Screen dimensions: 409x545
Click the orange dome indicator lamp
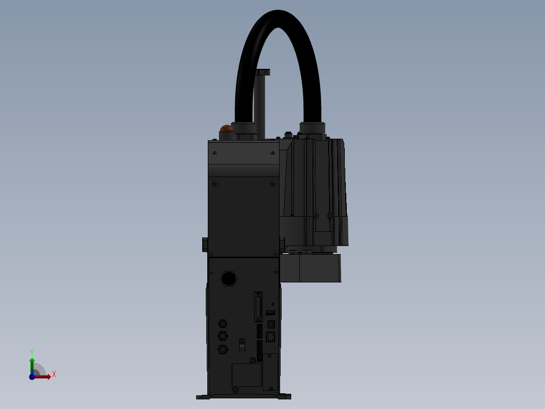pos(227,129)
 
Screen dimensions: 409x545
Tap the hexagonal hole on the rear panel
pos(229,278)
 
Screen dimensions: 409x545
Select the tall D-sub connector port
pos(259,307)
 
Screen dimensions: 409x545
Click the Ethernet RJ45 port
pos(271,336)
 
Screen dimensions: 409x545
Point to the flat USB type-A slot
pos(270,313)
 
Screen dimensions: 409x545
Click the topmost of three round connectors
pos(222,323)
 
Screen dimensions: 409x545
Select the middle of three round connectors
pos(222,336)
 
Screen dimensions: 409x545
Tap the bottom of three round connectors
pos(222,349)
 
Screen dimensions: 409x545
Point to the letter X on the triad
pos(54,375)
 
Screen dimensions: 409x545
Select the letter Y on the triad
pos(32,351)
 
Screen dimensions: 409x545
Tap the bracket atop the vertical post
pos(263,72)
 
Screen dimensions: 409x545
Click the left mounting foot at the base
pos(203,397)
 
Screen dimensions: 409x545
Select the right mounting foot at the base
pos(285,397)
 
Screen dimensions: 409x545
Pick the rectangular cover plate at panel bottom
pos(246,375)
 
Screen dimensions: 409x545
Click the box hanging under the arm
pos(310,268)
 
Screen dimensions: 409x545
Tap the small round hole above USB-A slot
pos(274,304)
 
